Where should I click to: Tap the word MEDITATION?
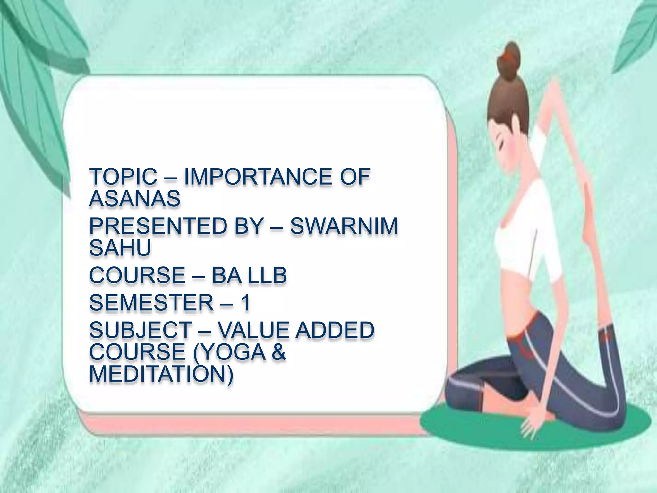pyautogui.click(x=160, y=374)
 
